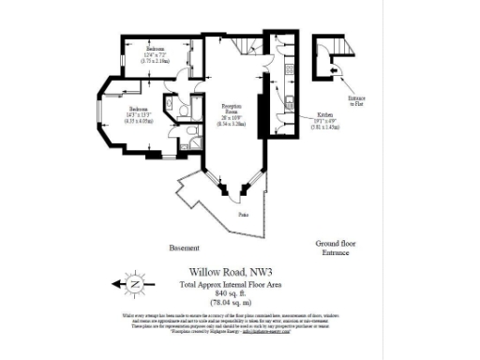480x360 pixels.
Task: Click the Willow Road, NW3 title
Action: pos(228,274)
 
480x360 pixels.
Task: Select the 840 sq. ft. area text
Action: pos(228,292)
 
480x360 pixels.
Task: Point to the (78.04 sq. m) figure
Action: pos(228,302)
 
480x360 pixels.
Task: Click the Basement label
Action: pos(184,248)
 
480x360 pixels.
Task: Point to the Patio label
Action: pos(242,215)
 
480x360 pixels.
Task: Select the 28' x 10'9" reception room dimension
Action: pos(232,121)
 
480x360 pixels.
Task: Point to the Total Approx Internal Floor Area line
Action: pos(228,284)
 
